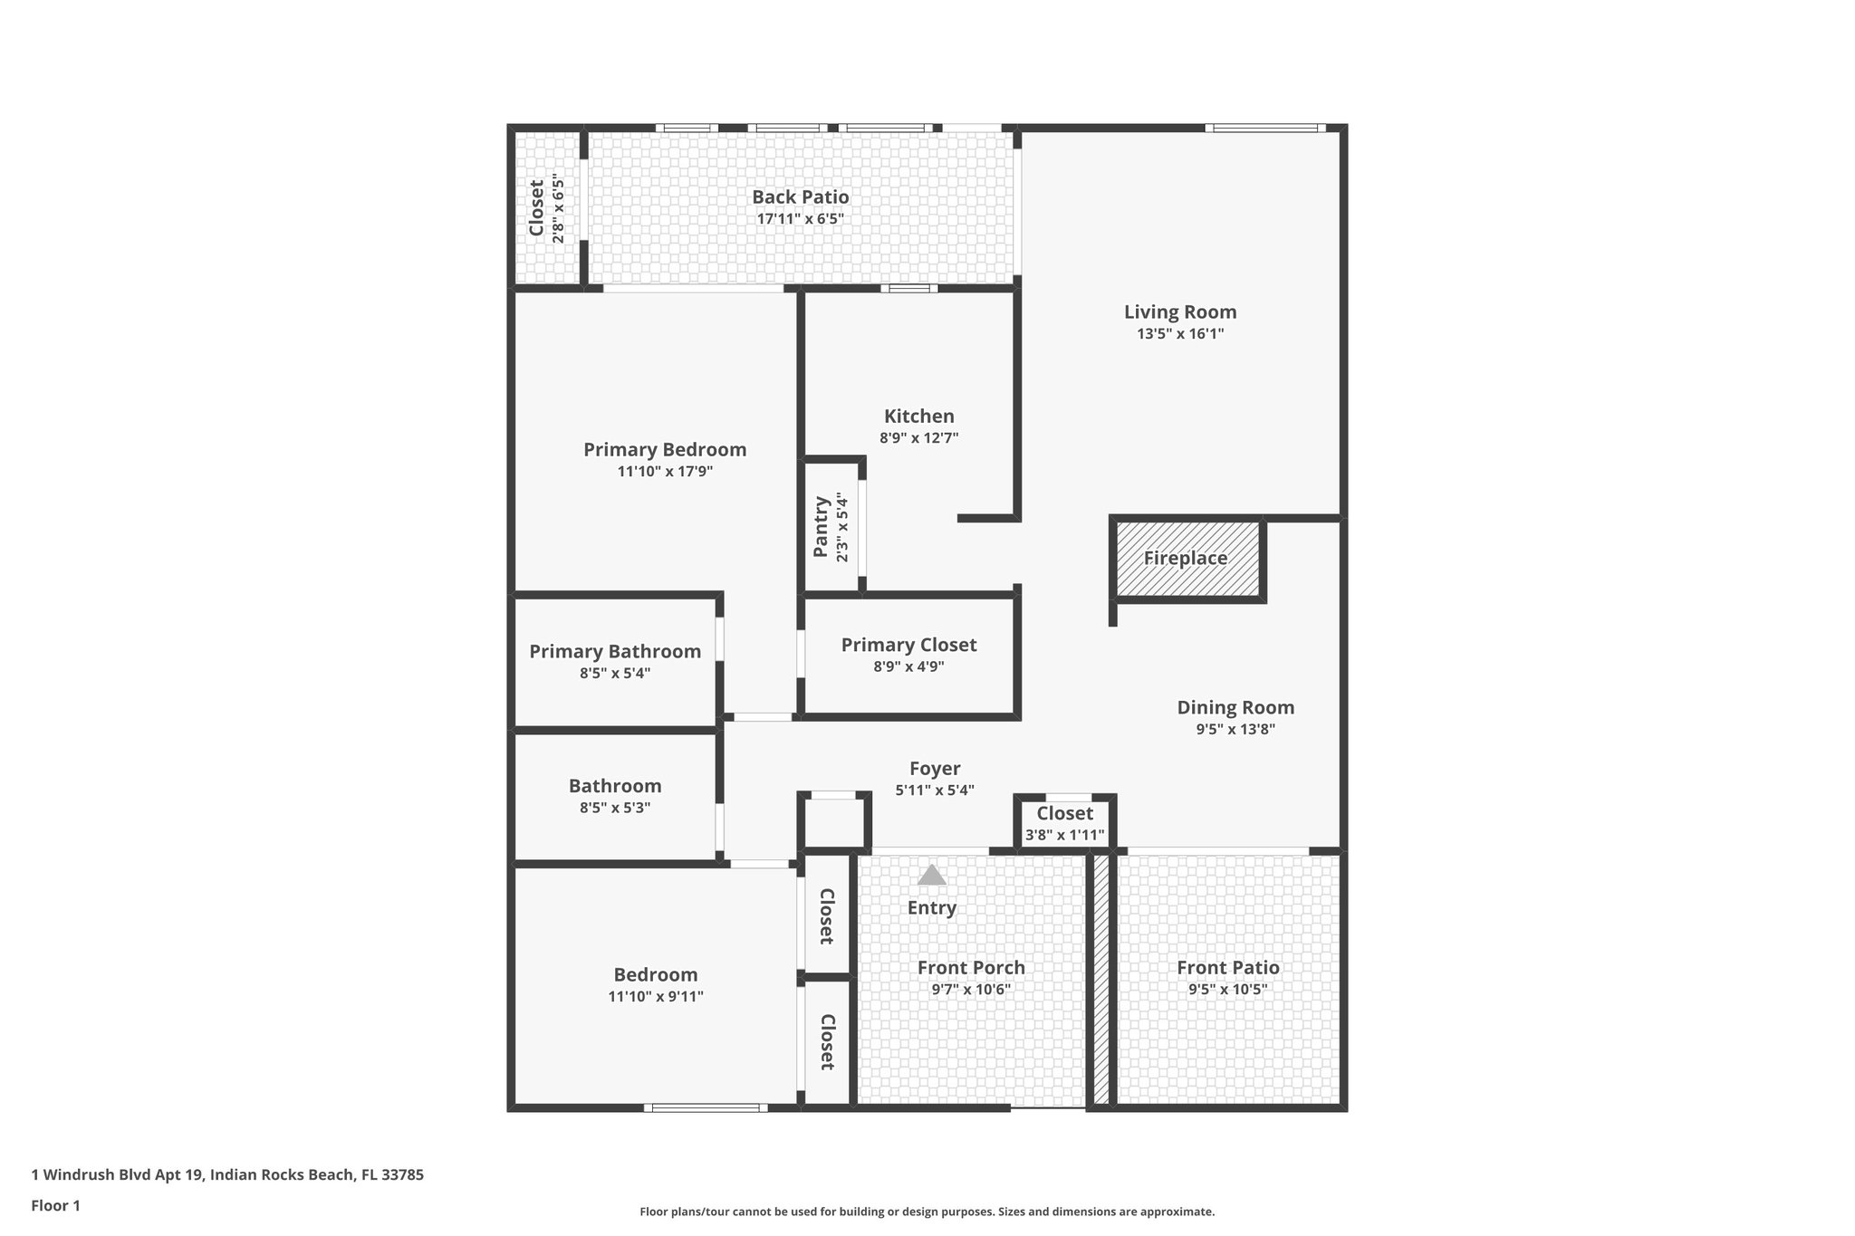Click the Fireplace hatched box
(1187, 559)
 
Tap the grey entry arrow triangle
(931, 875)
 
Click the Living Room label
(1179, 312)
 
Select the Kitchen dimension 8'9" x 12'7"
(918, 438)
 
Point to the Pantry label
(822, 527)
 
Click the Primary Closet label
(908, 645)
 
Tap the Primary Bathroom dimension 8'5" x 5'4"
(615, 674)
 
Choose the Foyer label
(935, 769)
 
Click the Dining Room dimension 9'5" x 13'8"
(1235, 730)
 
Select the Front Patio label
(1227, 967)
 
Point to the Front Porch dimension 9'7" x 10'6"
(971, 990)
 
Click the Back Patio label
(800, 197)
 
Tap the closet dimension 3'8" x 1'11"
(1064, 835)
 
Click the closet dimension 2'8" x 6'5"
(559, 208)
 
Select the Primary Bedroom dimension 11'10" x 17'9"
(665, 472)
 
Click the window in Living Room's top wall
(1264, 129)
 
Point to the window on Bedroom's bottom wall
(706, 1107)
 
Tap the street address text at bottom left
(227, 1174)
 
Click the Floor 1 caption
(55, 1205)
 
